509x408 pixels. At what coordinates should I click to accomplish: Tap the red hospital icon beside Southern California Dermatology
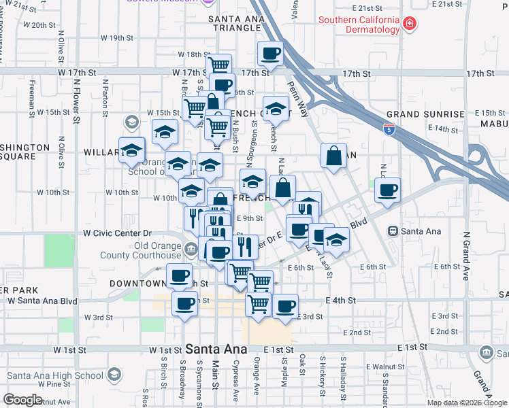(x=410, y=25)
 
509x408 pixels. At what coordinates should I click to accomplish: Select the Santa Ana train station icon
(x=392, y=231)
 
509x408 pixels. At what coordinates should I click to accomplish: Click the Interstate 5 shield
(x=389, y=127)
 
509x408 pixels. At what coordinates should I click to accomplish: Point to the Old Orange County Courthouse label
(x=141, y=250)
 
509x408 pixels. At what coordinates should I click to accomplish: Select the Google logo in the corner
(x=22, y=400)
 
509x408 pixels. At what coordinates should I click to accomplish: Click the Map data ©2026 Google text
(x=466, y=403)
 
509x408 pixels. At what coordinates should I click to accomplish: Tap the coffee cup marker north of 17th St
(x=270, y=54)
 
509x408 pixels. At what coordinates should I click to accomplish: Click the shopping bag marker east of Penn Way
(x=334, y=156)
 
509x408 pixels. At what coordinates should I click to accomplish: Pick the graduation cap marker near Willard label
(x=131, y=150)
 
